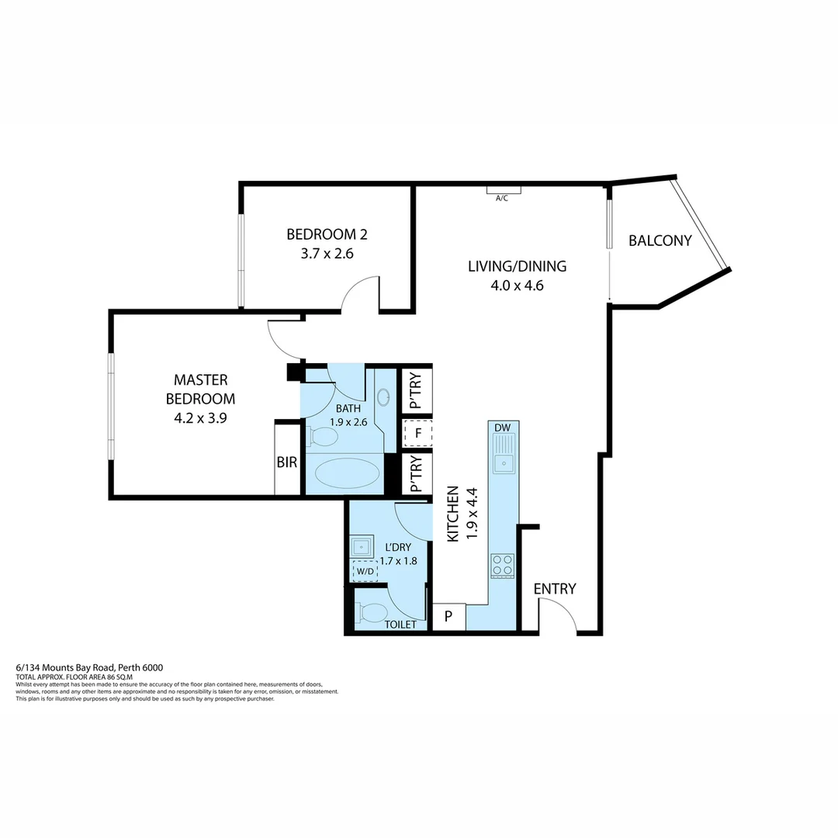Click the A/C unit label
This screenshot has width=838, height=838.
coord(502,198)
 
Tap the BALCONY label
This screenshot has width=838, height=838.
coord(660,241)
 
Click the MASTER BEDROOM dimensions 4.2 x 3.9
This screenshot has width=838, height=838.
coord(200,417)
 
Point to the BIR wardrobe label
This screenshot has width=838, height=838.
coord(287,462)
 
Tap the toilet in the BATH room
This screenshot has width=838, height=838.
coord(323,437)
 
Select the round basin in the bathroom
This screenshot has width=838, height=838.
coord(384,398)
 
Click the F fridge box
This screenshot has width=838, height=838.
coord(417,433)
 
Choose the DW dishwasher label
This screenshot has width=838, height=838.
coord(503,428)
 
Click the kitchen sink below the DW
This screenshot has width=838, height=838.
coord(504,463)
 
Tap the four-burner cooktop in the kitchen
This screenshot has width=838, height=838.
coord(502,566)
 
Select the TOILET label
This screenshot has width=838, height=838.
coord(400,624)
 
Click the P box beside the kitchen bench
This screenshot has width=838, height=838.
coord(448,617)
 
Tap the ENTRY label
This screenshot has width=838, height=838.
coord(555,589)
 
